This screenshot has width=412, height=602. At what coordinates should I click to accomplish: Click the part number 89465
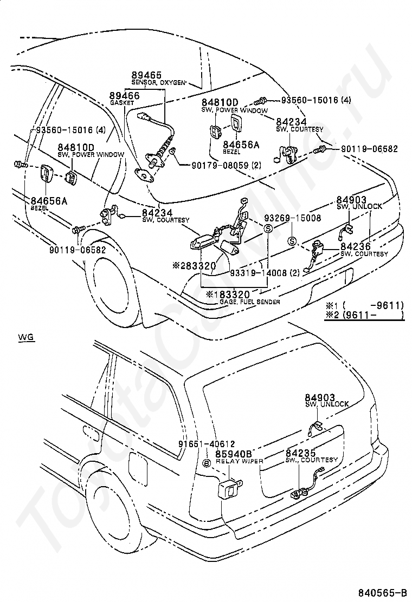tap(146, 75)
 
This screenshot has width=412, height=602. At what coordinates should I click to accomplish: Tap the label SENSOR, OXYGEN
tap(158, 82)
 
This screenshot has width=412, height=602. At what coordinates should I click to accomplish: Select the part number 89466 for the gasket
tap(124, 95)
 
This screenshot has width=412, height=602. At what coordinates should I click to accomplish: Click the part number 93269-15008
tap(292, 218)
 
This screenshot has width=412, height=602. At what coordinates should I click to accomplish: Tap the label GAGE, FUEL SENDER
tap(249, 302)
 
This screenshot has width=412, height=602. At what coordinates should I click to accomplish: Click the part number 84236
tap(355, 246)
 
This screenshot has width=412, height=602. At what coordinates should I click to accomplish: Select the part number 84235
tap(300, 453)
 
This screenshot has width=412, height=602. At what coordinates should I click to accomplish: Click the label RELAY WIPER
tap(240, 461)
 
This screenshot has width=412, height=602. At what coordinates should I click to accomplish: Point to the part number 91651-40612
tap(207, 444)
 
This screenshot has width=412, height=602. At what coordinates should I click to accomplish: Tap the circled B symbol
tap(207, 463)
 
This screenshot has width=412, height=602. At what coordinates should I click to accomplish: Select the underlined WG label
tap(26, 337)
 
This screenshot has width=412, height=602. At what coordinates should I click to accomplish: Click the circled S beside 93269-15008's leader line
tap(268, 229)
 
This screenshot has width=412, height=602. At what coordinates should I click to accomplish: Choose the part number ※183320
tap(228, 295)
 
